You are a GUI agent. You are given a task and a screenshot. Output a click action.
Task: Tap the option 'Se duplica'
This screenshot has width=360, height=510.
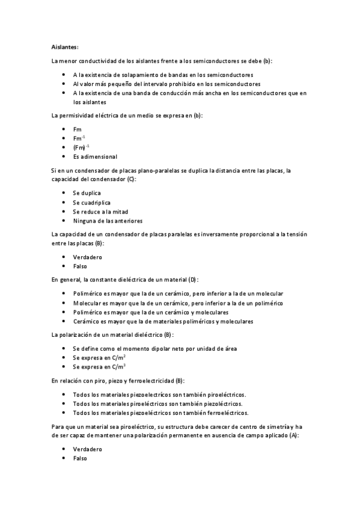coord(87,193)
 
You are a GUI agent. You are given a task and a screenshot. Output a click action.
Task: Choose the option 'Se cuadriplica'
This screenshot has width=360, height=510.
coord(91,202)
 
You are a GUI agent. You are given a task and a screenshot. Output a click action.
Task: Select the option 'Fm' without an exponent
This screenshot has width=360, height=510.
coord(77,129)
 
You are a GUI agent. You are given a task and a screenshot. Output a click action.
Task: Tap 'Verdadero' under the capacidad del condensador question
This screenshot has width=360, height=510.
coord(88,257)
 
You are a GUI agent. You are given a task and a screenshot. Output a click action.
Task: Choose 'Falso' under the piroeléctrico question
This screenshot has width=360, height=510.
coord(80,458)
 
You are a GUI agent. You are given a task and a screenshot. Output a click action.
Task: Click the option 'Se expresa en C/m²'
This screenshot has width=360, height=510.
coord(99,357)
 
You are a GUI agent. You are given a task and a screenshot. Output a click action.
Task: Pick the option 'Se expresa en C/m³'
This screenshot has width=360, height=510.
coord(99,366)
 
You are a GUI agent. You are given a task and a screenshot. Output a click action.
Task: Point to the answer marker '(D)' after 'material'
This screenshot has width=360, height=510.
coord(193,280)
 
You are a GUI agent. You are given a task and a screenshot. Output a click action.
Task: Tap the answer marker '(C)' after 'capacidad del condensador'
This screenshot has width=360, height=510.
coord(130,179)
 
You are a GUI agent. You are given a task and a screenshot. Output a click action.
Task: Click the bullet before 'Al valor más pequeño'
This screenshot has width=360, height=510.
coord(64,84)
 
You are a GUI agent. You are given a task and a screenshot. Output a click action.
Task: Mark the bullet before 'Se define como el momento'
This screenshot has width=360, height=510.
coord(64,348)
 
